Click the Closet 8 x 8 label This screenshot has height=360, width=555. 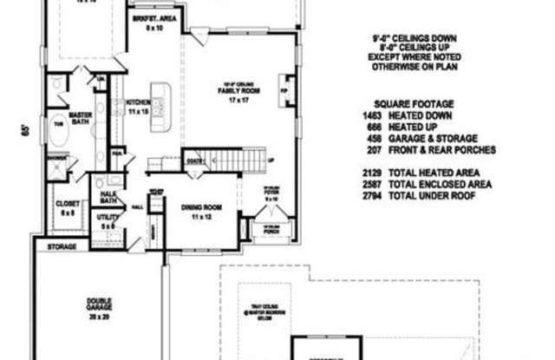pyautogui.click(x=67, y=207)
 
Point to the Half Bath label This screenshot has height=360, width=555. pyautogui.click(x=109, y=196)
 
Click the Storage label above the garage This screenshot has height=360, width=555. pyautogui.click(x=61, y=246)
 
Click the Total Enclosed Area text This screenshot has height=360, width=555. pyautogui.click(x=441, y=184)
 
